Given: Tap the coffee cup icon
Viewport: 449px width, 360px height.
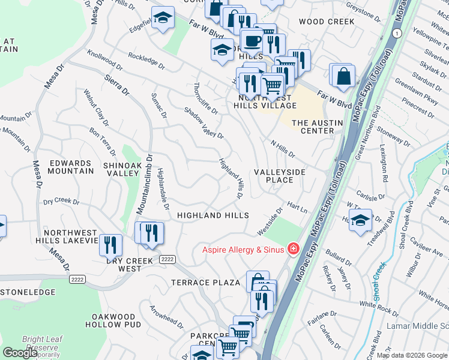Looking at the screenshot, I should pyautogui.click(x=253, y=41).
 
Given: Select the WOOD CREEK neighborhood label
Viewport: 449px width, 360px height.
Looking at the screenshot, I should pyautogui.click(x=327, y=22).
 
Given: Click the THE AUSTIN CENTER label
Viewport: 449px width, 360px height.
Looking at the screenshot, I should pyautogui.click(x=317, y=127).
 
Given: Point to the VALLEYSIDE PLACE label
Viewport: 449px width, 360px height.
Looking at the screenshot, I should pyautogui.click(x=279, y=176).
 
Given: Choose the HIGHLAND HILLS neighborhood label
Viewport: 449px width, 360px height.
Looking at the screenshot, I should pyautogui.click(x=212, y=215).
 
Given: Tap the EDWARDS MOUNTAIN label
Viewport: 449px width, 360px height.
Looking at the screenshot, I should pyautogui.click(x=71, y=167).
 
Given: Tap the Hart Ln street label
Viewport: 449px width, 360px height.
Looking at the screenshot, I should pyautogui.click(x=296, y=207).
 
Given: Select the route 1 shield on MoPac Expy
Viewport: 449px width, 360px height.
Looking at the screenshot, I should pyautogui.click(x=397, y=32).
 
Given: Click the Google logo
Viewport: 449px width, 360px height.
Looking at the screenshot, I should pyautogui.click(x=20, y=353).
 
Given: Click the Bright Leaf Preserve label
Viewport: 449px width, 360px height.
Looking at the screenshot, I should pyautogui.click(x=40, y=343).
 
